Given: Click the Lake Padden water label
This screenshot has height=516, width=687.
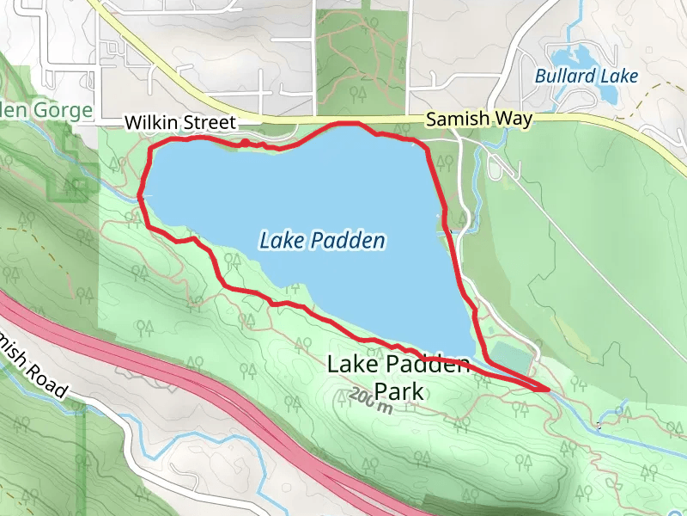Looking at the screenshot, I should pyautogui.click(x=322, y=242).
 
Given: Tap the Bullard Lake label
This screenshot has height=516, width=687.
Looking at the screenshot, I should pyautogui.click(x=587, y=76).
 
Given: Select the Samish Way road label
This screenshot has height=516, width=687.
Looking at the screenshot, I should pyautogui.click(x=479, y=120).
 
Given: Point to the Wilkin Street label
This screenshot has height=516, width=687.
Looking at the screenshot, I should pyautogui.click(x=179, y=123).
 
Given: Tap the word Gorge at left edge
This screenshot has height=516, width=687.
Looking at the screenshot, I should pyautogui.click(x=64, y=111).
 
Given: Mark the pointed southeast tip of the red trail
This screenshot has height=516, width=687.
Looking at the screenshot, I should pyautogui.click(x=547, y=389).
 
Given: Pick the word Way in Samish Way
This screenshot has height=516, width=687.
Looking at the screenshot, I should pyautogui.click(x=514, y=120).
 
